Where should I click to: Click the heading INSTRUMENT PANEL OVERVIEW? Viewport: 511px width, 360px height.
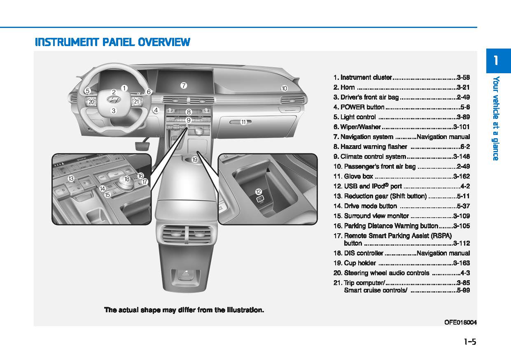pyautogui.click(x=112, y=42)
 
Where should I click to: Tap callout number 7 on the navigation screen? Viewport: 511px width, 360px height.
pyautogui.click(x=184, y=86)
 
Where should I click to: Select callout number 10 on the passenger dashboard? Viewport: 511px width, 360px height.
pyautogui.click(x=284, y=88)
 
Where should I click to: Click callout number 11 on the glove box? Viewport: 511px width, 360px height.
pyautogui.click(x=243, y=122)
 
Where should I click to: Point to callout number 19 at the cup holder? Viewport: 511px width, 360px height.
pyautogui.click(x=194, y=159)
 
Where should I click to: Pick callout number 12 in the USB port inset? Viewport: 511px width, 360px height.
pyautogui.click(x=259, y=192)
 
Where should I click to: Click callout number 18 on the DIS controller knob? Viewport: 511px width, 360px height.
pyautogui.click(x=127, y=179)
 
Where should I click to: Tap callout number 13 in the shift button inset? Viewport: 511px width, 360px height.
pyautogui.click(x=71, y=179)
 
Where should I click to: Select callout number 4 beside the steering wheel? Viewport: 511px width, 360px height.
pyautogui.click(x=156, y=110)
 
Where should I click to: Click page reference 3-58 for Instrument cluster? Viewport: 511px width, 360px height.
pyautogui.click(x=463, y=77)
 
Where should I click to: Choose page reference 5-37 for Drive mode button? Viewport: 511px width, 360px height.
pyautogui.click(x=463, y=206)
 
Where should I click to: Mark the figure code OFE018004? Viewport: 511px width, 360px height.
pyautogui.click(x=460, y=323)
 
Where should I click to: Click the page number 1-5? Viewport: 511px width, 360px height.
pyautogui.click(x=469, y=341)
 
